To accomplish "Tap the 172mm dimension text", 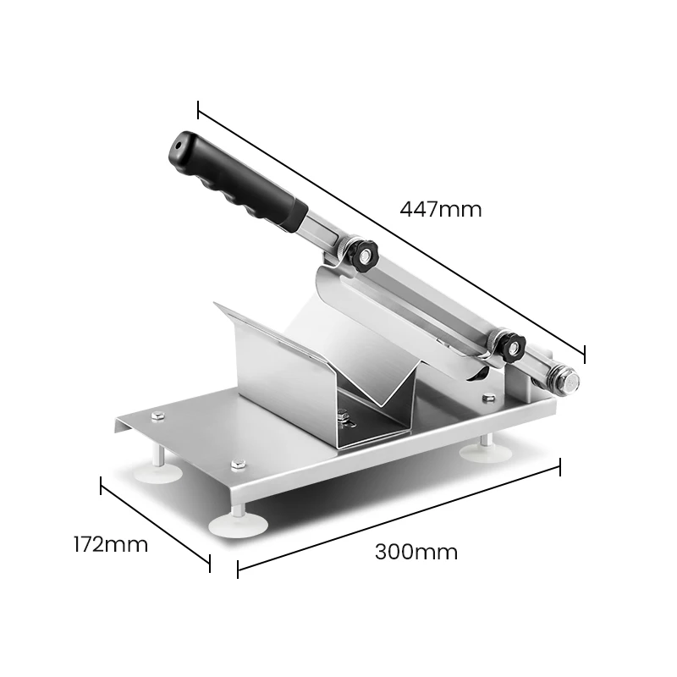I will pos(110,544).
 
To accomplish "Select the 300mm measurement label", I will pos(416,553).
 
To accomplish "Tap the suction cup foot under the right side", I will pos(485,451).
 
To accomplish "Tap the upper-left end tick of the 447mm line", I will pos(198,110).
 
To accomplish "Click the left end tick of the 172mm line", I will pos(101,486).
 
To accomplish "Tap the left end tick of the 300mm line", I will pos(238,570).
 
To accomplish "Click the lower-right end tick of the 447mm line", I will pos(584,352).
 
